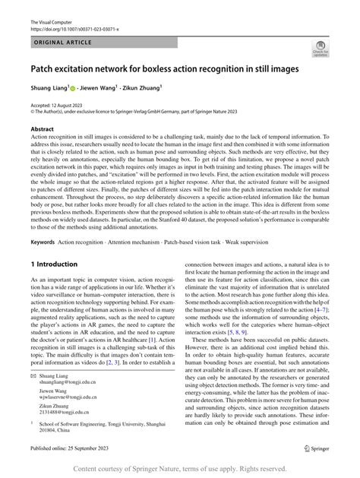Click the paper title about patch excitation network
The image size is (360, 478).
coord(163,70)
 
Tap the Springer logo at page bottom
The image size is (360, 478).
coord(318,449)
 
